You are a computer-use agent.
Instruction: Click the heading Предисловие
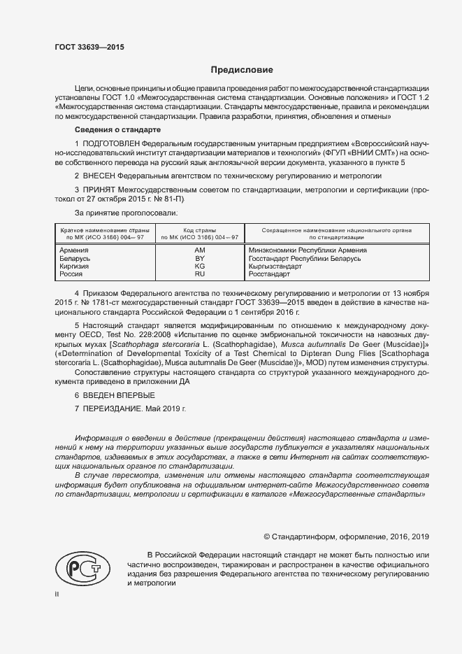click(x=242, y=70)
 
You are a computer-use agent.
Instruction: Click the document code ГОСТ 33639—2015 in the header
click(x=89, y=47)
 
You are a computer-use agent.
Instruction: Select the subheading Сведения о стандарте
click(x=117, y=131)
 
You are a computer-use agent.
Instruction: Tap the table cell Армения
click(x=74, y=250)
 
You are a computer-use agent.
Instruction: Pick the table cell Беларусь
click(x=75, y=258)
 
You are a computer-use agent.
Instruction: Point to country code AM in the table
click(x=200, y=250)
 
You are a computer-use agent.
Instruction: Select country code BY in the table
click(x=200, y=258)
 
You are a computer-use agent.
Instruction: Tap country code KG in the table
click(x=200, y=266)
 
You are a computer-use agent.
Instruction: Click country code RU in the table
click(x=200, y=275)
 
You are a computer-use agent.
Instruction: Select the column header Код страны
click(x=200, y=229)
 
